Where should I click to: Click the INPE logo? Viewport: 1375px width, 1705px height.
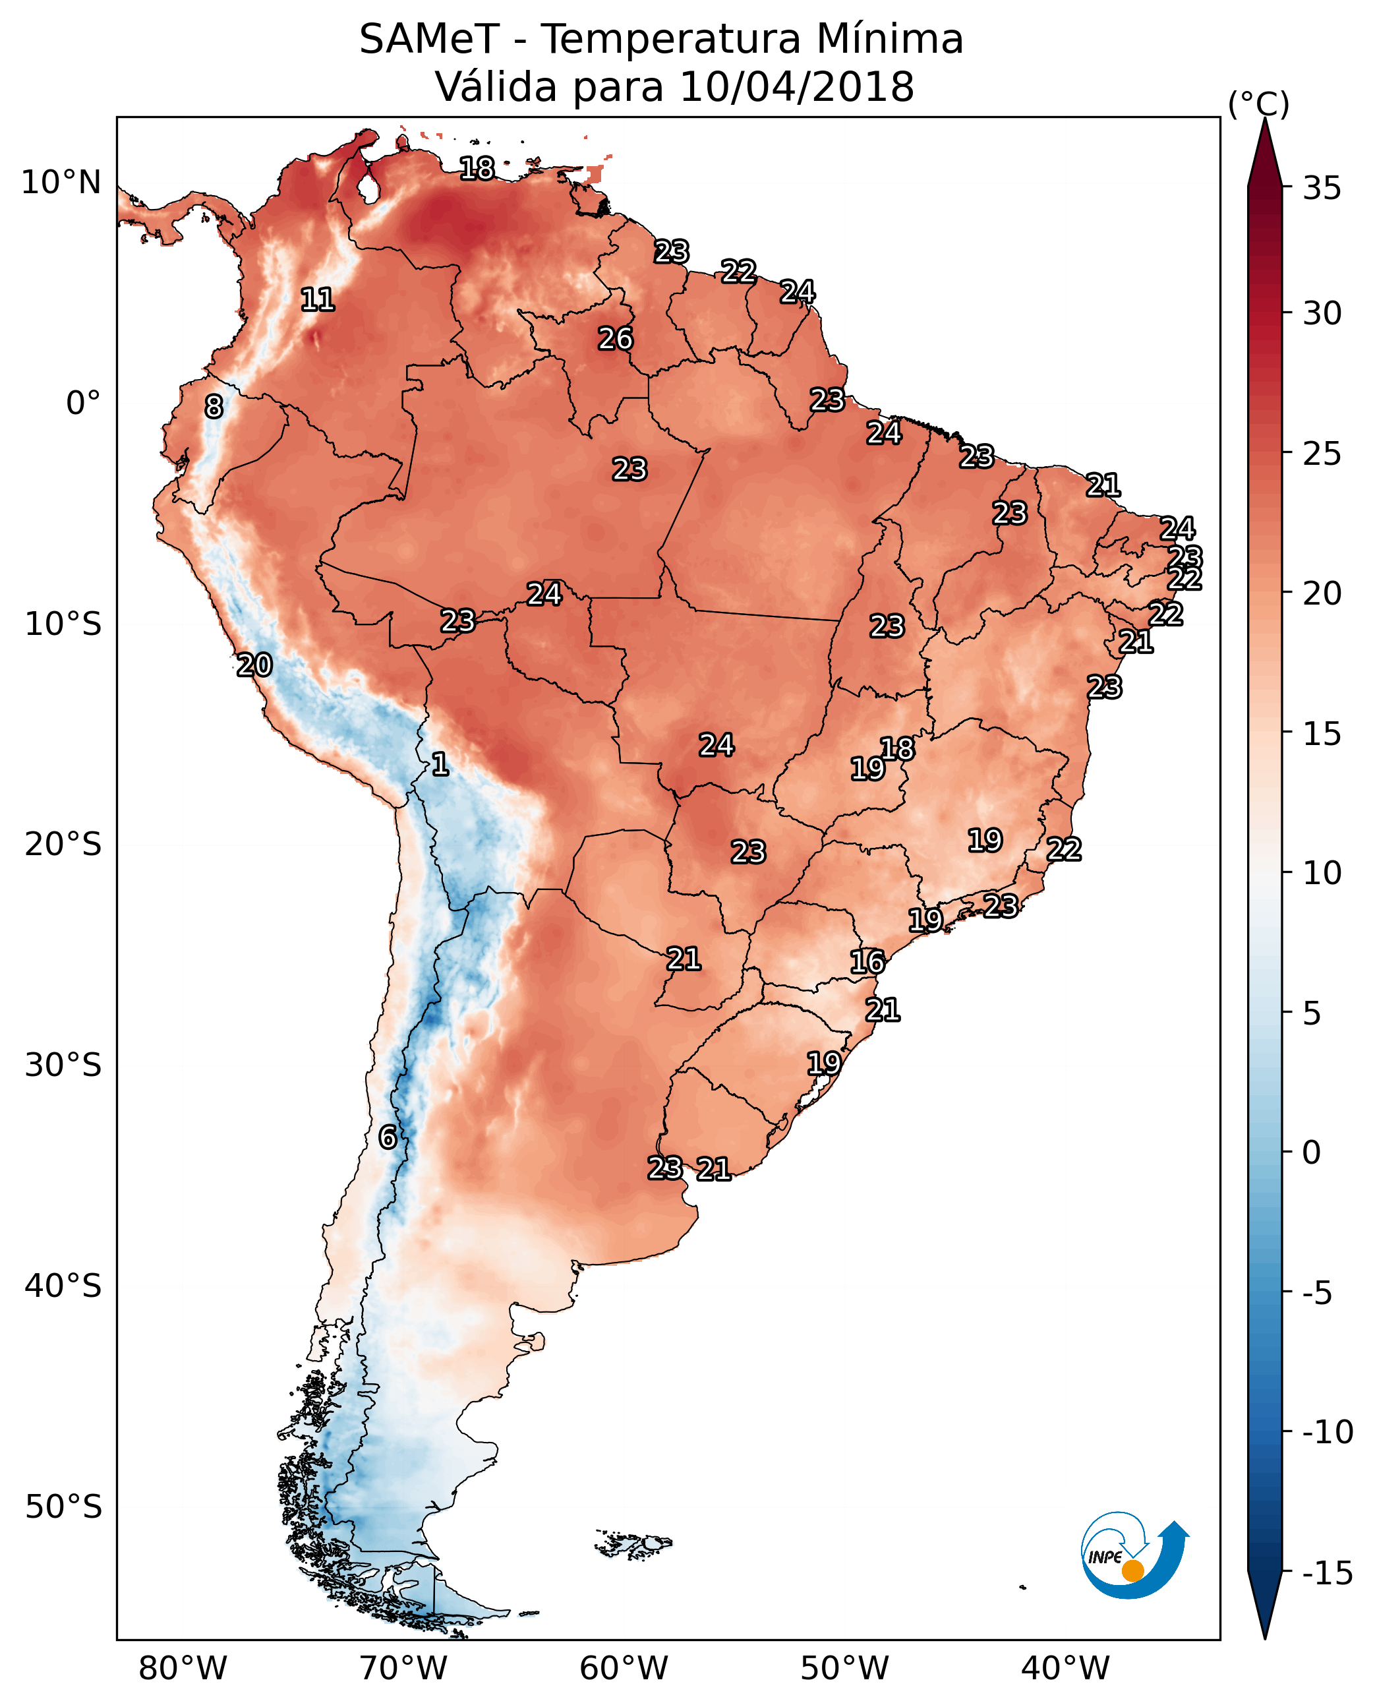click(1134, 1555)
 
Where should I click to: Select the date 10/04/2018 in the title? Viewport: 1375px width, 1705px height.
click(797, 86)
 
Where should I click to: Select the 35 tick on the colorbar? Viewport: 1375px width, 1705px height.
click(1322, 188)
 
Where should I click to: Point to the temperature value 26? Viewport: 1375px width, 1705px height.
click(616, 338)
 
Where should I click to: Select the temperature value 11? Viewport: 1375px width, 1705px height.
click(318, 299)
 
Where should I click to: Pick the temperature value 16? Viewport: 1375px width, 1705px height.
click(867, 962)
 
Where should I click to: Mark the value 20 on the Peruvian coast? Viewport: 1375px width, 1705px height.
click(254, 665)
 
